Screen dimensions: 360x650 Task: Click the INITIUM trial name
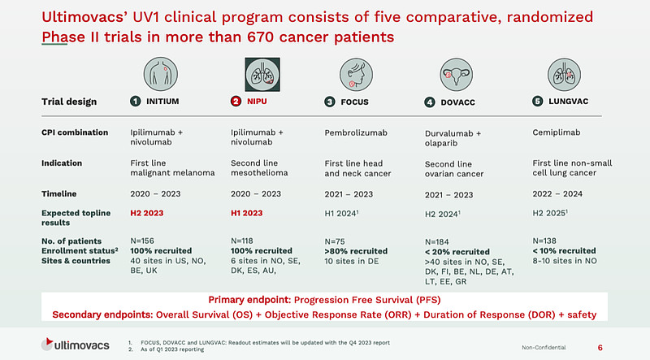(162, 102)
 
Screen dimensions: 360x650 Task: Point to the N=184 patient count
(440, 241)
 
